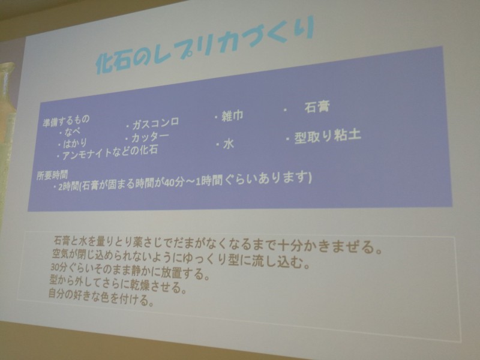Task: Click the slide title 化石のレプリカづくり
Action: coord(205,46)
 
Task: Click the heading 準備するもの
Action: coord(67,121)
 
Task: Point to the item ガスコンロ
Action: coord(155,123)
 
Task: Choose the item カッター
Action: coord(150,137)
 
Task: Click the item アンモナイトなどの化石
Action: coord(110,152)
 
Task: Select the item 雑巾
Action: coord(232,116)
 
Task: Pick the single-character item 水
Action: coord(229,144)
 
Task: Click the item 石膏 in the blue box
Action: coord(317,107)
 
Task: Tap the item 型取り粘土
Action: coord(328,136)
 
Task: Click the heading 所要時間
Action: coord(52,176)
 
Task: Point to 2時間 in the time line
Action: coord(68,186)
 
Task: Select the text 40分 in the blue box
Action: coord(173,183)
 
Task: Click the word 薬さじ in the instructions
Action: coord(147,243)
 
